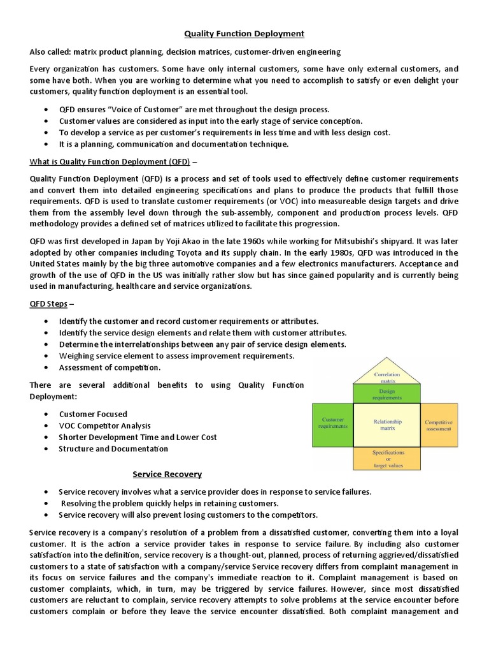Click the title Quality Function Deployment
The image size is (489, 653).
[244, 33]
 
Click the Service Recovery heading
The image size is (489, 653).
[167, 474]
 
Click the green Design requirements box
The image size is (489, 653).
[386, 393]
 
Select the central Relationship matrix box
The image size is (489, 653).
[386, 424]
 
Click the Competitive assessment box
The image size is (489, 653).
[439, 425]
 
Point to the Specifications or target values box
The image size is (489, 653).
[386, 459]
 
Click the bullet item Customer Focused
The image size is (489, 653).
[93, 414]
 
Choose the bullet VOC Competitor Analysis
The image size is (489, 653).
[104, 425]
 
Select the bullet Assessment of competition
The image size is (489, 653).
[110, 367]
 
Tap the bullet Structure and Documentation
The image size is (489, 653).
[113, 448]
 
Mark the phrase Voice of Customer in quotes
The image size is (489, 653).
[138, 109]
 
